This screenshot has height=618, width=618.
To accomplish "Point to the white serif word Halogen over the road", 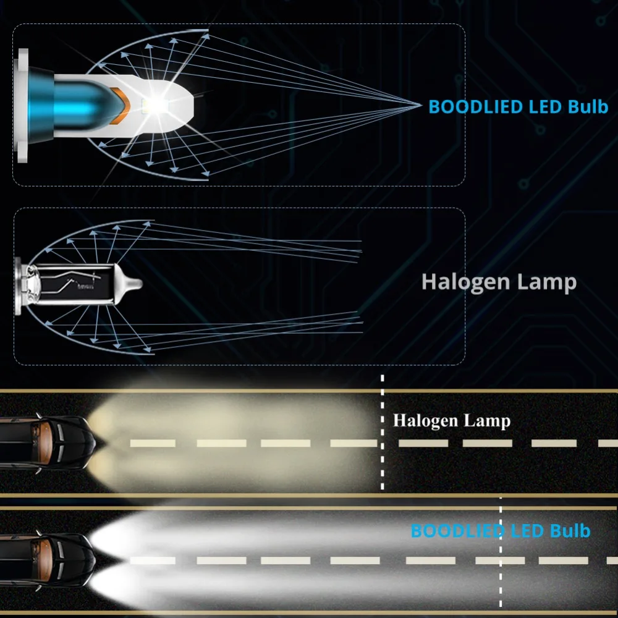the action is [424, 421].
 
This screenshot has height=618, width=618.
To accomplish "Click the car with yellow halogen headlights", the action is [46, 442].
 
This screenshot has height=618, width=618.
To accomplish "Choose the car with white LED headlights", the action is [46, 559].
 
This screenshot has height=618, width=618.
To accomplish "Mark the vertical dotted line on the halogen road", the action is [383, 433].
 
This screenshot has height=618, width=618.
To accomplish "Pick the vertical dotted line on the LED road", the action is [501, 556].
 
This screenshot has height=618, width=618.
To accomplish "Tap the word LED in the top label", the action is [545, 106].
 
